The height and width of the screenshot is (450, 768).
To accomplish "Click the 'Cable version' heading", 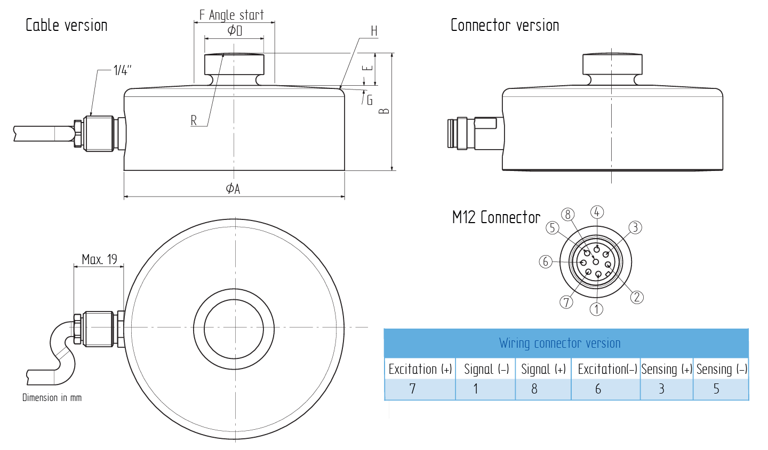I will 67,26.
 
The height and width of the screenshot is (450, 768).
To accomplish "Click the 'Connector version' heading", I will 505,26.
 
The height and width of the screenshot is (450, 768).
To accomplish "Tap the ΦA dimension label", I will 233,189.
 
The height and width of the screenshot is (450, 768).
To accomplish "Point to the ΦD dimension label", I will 235,31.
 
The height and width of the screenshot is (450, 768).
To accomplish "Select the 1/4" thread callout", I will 122,70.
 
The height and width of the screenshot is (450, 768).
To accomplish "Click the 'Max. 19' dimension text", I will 99,259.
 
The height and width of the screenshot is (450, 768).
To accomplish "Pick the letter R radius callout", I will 194,121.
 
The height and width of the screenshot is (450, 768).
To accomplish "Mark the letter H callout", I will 374,31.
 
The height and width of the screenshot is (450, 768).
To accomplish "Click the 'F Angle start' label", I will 231,15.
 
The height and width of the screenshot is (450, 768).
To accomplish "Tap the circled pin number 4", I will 597,212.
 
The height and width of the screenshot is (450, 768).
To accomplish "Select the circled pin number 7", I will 566,302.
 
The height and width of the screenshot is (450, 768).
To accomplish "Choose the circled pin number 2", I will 637,297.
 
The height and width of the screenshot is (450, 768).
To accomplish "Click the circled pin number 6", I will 545,261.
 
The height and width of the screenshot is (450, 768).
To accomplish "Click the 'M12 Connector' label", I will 496,217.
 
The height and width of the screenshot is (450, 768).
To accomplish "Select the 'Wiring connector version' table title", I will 559,343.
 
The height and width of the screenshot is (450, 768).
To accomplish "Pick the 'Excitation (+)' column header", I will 420,369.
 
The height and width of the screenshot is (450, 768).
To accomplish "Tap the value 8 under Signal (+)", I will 534,389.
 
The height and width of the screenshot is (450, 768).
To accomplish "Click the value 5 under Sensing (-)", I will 716,389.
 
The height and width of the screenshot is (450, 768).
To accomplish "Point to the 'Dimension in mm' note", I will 52,398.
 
